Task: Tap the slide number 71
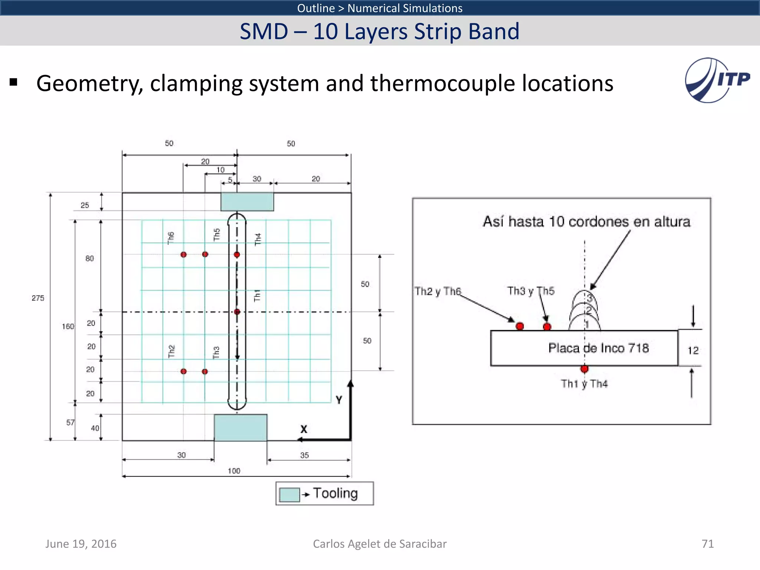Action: (707, 544)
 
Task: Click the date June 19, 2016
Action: (81, 544)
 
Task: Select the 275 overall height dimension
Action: (38, 298)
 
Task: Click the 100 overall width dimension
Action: (234, 471)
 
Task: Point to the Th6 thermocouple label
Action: (171, 238)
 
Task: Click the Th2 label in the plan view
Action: (171, 351)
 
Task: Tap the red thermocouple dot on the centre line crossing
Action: (237, 312)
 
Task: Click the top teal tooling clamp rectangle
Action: (247, 202)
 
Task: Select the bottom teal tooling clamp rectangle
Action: (240, 427)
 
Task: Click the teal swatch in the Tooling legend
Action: (289, 495)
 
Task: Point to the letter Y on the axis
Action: (339, 400)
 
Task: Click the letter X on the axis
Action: (304, 429)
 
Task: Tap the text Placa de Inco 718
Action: (598, 348)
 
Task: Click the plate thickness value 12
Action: (693, 350)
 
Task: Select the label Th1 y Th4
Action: (584, 384)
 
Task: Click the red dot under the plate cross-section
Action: (584, 369)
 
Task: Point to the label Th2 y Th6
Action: (438, 291)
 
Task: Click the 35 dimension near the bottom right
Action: (304, 455)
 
